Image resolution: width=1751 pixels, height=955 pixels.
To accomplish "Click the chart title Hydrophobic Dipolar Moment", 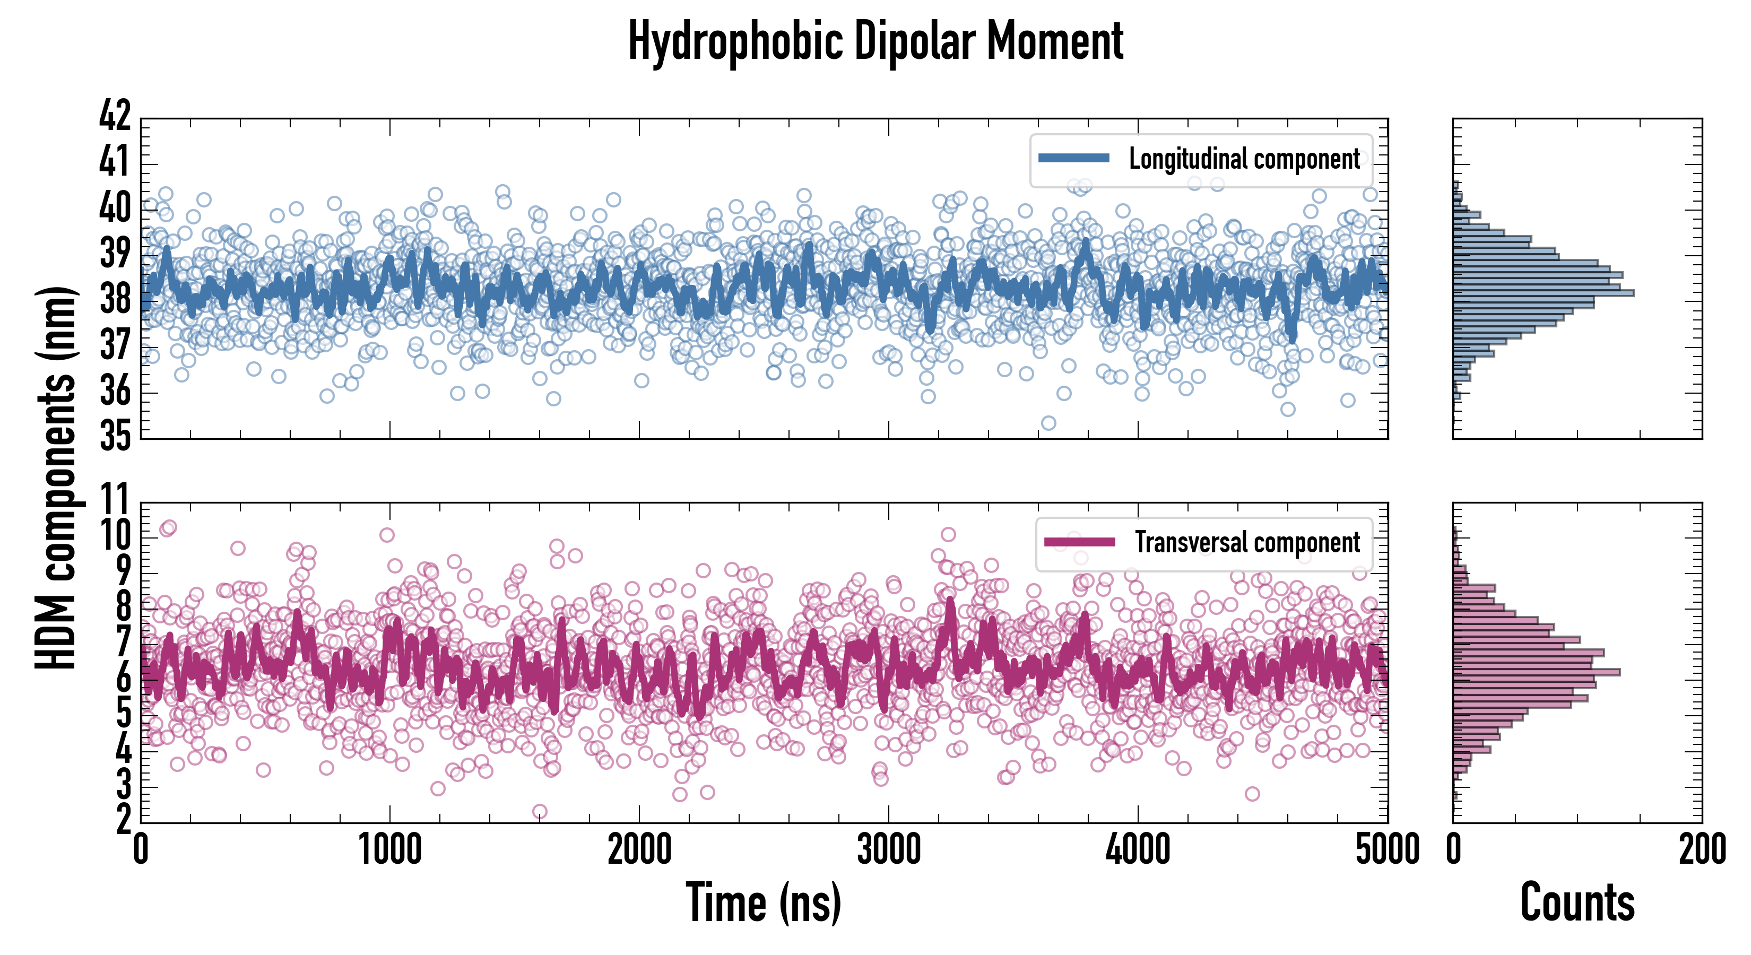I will click(875, 41).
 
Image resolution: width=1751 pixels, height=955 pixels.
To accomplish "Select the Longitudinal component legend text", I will click(1244, 159).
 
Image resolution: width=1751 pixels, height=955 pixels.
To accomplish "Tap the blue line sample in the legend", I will click(1073, 159).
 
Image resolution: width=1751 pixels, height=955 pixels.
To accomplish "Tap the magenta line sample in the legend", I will click(1079, 542).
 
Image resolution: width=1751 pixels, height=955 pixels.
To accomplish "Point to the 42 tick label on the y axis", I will click(114, 116).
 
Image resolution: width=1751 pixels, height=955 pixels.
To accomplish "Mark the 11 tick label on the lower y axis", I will click(114, 500).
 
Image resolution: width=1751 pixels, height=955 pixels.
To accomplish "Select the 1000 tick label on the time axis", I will click(389, 849).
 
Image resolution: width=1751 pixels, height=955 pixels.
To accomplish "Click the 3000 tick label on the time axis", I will click(888, 849).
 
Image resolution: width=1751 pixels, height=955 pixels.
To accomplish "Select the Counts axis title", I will click(1577, 902).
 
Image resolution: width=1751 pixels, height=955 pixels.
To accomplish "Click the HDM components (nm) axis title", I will click(56, 476).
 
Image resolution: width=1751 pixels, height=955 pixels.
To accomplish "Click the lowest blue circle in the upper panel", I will click(1049, 423).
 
